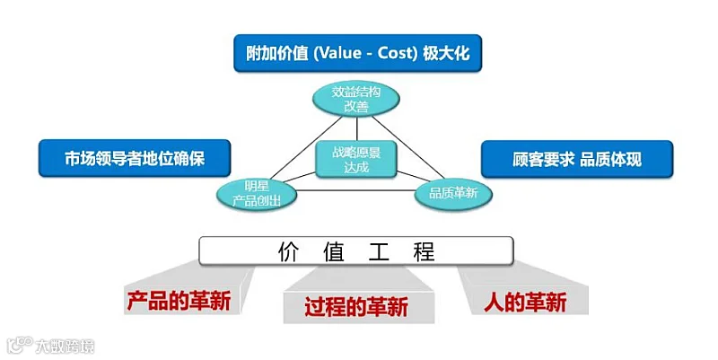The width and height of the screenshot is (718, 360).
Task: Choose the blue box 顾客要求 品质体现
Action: (x=577, y=160)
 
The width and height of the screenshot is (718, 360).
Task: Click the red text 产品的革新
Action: (x=179, y=301)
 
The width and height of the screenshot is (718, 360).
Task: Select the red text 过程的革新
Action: (x=356, y=308)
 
